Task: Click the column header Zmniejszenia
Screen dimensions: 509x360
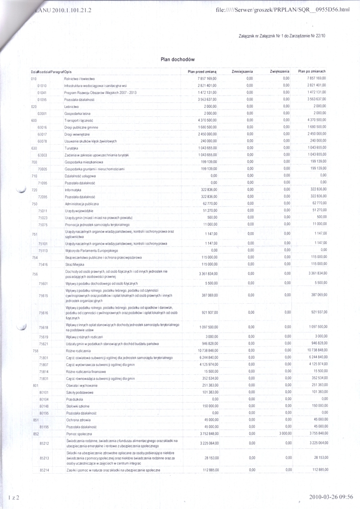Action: pos(243,72)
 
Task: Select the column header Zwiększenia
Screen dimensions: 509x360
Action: pos(279,72)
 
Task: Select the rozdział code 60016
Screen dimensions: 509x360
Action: pos(42,127)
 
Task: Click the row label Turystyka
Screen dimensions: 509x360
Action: pos(72,148)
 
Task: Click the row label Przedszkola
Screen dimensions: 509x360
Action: pos(74,399)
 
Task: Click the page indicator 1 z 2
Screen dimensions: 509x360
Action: pos(13,497)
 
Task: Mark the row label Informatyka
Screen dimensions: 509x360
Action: pos(74,190)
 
